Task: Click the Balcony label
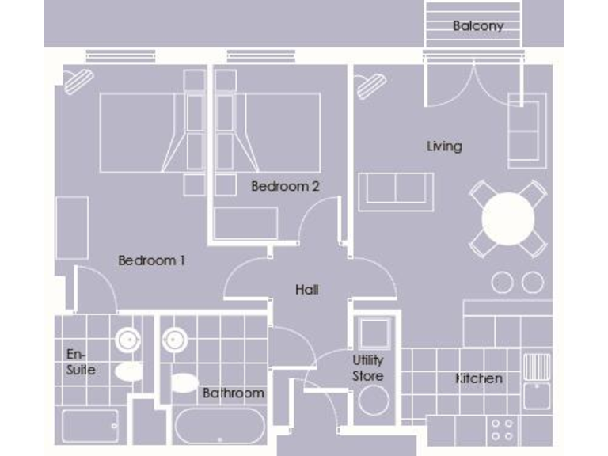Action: pos(477,26)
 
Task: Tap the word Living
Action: pos(444,146)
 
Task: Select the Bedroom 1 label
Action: pos(151,260)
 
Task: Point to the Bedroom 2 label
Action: pos(285,187)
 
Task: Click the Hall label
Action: pos(306,290)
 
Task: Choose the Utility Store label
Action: pos(368,368)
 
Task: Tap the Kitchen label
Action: pos(479,378)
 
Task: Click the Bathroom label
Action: pos(233,393)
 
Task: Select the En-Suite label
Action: pos(81,362)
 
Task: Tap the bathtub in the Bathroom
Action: pos(218,426)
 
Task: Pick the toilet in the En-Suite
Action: pos(127,371)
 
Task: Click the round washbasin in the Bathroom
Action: pos(175,340)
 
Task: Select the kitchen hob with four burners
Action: pos(502,429)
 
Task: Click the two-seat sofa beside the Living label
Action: pos(396,192)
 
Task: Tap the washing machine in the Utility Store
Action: pos(374,400)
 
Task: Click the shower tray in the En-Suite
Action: pos(89,426)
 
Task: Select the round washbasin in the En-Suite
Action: pos(127,340)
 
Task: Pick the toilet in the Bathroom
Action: pos(184,383)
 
